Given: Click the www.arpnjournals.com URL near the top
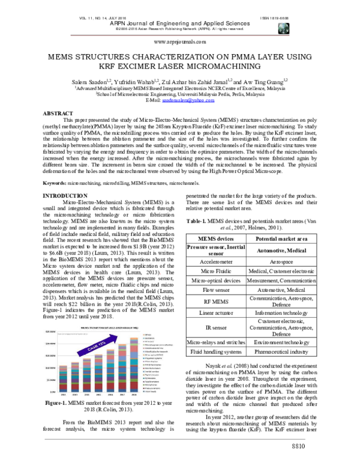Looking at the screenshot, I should click(x=180, y=43).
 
